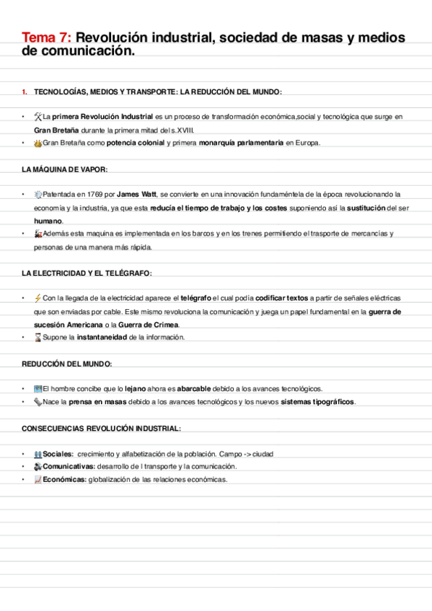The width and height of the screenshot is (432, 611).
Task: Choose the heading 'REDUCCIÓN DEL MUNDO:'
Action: [66, 363]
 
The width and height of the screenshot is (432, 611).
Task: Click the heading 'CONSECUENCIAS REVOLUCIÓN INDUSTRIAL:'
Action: [101, 428]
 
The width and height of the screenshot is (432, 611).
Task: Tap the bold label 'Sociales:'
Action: [58, 454]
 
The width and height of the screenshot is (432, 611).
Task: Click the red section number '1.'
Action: [25, 92]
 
